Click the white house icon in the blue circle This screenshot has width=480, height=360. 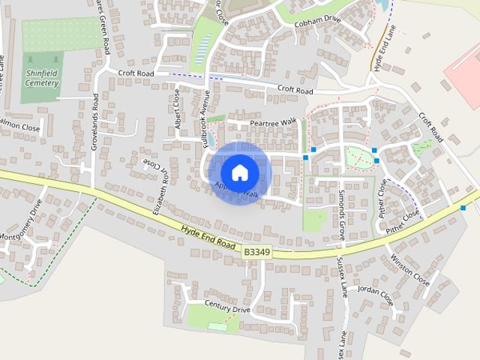[239, 172]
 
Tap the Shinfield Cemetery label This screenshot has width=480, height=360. [42, 78]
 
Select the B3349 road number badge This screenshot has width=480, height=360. [256, 253]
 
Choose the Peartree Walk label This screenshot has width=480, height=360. [273, 121]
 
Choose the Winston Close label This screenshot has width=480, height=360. [410, 271]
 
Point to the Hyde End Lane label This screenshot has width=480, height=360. [381, 46]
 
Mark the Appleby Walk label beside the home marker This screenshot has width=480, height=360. [237, 191]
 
